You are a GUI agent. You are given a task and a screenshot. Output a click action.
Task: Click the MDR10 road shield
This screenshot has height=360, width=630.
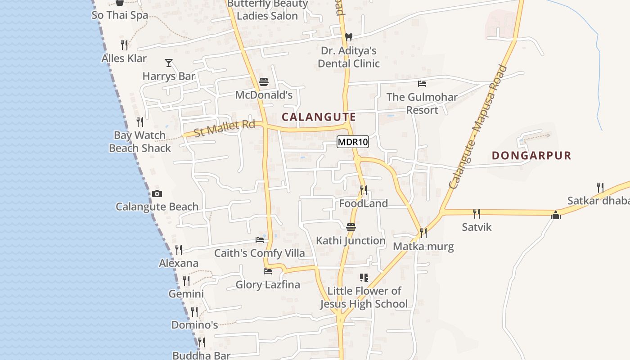point(353,142)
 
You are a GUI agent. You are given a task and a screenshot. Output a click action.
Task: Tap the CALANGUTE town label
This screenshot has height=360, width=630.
point(319,117)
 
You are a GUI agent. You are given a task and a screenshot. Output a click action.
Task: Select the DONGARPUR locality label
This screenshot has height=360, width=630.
point(531,156)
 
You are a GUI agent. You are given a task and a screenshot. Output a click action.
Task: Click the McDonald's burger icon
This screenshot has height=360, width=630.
point(264,82)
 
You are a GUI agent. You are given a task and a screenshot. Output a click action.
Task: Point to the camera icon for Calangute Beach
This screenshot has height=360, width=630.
point(157,193)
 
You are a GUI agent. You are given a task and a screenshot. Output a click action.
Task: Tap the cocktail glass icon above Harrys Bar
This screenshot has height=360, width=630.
point(169,63)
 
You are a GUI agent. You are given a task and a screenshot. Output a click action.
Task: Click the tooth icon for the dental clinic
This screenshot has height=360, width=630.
point(348,37)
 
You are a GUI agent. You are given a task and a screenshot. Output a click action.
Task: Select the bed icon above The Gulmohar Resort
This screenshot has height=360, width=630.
point(422,84)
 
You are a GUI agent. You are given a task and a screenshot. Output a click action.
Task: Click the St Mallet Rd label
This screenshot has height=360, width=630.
point(224,128)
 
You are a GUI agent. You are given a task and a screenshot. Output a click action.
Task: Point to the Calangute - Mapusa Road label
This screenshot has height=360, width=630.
point(477,127)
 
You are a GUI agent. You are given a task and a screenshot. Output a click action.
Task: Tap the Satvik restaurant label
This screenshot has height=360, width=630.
point(477,227)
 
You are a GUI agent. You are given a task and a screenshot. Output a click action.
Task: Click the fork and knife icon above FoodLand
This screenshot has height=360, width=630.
point(363,190)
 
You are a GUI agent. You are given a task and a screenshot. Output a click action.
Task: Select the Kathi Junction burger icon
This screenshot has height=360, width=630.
point(351,227)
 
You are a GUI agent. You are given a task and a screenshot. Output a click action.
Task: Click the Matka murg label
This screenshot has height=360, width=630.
point(423,247)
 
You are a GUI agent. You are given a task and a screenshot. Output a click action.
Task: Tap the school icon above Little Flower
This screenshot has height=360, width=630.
point(364,278)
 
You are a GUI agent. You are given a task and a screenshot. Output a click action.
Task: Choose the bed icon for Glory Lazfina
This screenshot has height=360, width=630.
point(268,271)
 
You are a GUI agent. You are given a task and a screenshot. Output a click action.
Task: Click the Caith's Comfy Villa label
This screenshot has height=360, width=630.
point(259,253)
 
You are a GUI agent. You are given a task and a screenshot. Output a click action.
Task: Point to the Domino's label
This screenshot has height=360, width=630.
point(194,325)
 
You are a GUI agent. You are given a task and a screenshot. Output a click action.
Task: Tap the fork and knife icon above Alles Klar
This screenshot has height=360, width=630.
point(124,45)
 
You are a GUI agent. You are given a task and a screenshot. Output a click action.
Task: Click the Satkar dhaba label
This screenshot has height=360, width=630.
point(598,201)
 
